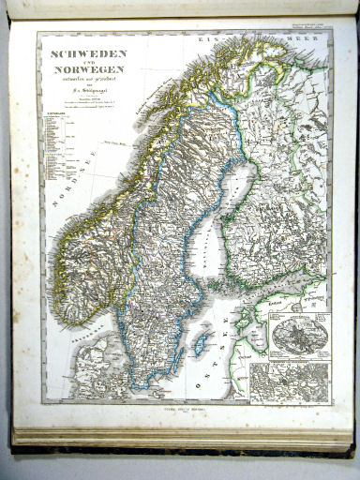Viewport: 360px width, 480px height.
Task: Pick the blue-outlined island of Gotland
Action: pos(201,343)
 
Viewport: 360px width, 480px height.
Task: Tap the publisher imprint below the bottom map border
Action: pos(184,409)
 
